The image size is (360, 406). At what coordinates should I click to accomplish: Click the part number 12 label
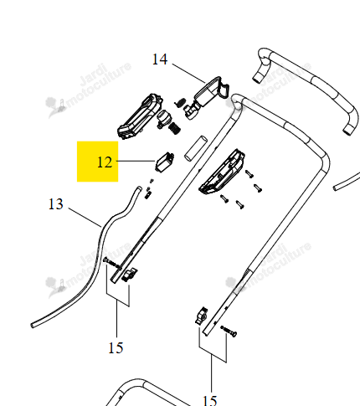tap(105, 162)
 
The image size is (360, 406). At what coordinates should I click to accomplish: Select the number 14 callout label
tap(160, 59)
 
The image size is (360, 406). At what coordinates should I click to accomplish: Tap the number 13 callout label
tap(56, 204)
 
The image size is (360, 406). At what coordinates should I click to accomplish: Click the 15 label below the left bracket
tap(116, 348)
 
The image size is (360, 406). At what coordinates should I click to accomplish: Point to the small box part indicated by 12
tap(164, 162)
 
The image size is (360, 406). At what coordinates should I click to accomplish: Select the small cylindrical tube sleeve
tap(196, 148)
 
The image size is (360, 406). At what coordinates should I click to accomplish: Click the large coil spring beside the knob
tap(174, 128)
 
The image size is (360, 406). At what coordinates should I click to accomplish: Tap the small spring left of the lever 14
tap(180, 102)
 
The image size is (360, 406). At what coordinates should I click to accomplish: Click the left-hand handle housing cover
tap(140, 116)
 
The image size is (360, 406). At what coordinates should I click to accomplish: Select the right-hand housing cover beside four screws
tap(222, 172)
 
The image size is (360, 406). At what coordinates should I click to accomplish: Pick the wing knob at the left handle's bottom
tap(130, 275)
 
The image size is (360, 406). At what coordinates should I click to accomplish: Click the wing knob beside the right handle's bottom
tap(202, 316)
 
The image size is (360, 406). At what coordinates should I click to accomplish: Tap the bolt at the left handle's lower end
tap(112, 264)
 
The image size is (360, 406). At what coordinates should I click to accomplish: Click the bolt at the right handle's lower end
tap(229, 331)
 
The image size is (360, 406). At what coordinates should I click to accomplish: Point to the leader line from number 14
tap(189, 74)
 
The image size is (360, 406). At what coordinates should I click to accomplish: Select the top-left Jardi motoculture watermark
tap(89, 89)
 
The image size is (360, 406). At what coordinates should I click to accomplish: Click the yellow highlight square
tap(98, 162)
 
